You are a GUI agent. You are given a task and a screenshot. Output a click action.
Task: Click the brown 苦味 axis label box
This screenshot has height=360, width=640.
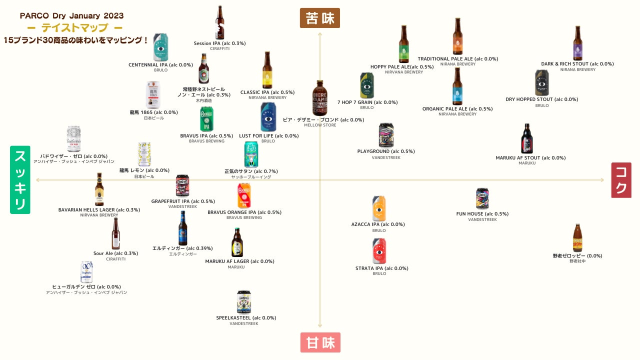coord(320,18)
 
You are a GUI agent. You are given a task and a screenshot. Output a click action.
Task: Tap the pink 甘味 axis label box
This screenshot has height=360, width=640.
coord(320,342)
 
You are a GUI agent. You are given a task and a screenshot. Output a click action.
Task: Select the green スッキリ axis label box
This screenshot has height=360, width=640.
coord(20,180)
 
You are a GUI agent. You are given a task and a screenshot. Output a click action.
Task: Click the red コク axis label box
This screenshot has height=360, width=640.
coord(621,180)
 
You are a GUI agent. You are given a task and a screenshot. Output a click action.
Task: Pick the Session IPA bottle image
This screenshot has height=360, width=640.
coord(219,22)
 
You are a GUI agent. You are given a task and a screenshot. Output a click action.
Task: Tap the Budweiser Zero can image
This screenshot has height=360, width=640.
coord(73,138)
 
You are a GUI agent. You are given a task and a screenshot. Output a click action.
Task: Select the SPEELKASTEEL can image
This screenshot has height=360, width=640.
coord(244,301)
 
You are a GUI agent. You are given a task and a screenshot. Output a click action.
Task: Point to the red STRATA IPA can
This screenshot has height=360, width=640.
coord(379,251)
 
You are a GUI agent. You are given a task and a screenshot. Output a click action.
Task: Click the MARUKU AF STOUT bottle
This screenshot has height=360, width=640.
coord(526,138)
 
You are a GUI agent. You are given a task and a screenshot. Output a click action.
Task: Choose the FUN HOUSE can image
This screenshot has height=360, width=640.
coord(482,198)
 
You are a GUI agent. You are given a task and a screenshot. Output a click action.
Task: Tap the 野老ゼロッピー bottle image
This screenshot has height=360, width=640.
coord(577,237)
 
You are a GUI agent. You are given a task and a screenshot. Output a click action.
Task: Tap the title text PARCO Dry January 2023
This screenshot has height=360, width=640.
coord(72,16)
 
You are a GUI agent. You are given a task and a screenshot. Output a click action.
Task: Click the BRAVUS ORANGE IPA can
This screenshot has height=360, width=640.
coord(244,195)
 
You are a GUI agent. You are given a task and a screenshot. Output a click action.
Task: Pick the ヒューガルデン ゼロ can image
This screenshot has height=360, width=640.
coord(86,271)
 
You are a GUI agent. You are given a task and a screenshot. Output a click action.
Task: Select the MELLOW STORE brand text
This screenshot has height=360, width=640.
coord(320,125)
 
